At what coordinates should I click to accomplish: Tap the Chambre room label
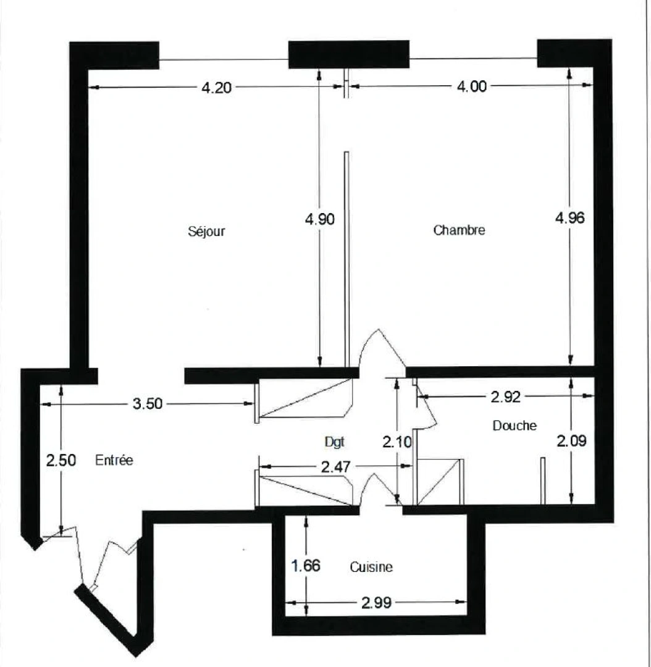[459, 231]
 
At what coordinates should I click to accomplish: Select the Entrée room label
[115, 460]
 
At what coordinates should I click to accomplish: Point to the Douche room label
[514, 426]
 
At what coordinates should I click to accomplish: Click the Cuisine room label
[371, 567]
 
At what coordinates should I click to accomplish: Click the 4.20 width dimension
[216, 88]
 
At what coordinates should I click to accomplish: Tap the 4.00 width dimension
[471, 87]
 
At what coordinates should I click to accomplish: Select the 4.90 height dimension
[320, 219]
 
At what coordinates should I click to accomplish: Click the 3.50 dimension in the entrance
[147, 405]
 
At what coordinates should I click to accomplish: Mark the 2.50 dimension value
[61, 461]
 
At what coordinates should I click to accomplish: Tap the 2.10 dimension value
[397, 442]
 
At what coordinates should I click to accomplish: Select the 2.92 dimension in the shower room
[506, 397]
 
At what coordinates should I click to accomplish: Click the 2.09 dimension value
[572, 442]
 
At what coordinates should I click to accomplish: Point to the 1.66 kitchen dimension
[305, 566]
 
